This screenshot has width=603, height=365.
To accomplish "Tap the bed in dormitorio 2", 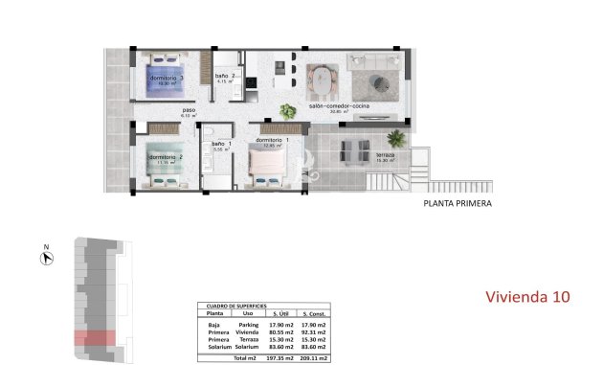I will (167, 161).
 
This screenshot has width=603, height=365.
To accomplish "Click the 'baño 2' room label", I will (226, 76).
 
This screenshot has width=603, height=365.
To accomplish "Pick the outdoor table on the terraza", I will (354, 148).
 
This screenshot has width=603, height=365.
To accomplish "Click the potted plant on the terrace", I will (397, 139).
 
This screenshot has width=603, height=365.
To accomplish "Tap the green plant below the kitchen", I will (286, 110).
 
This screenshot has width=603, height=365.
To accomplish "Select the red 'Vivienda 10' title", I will (526, 296).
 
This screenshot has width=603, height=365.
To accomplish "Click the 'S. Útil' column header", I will (281, 313).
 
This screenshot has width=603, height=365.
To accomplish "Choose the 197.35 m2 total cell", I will (281, 357).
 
